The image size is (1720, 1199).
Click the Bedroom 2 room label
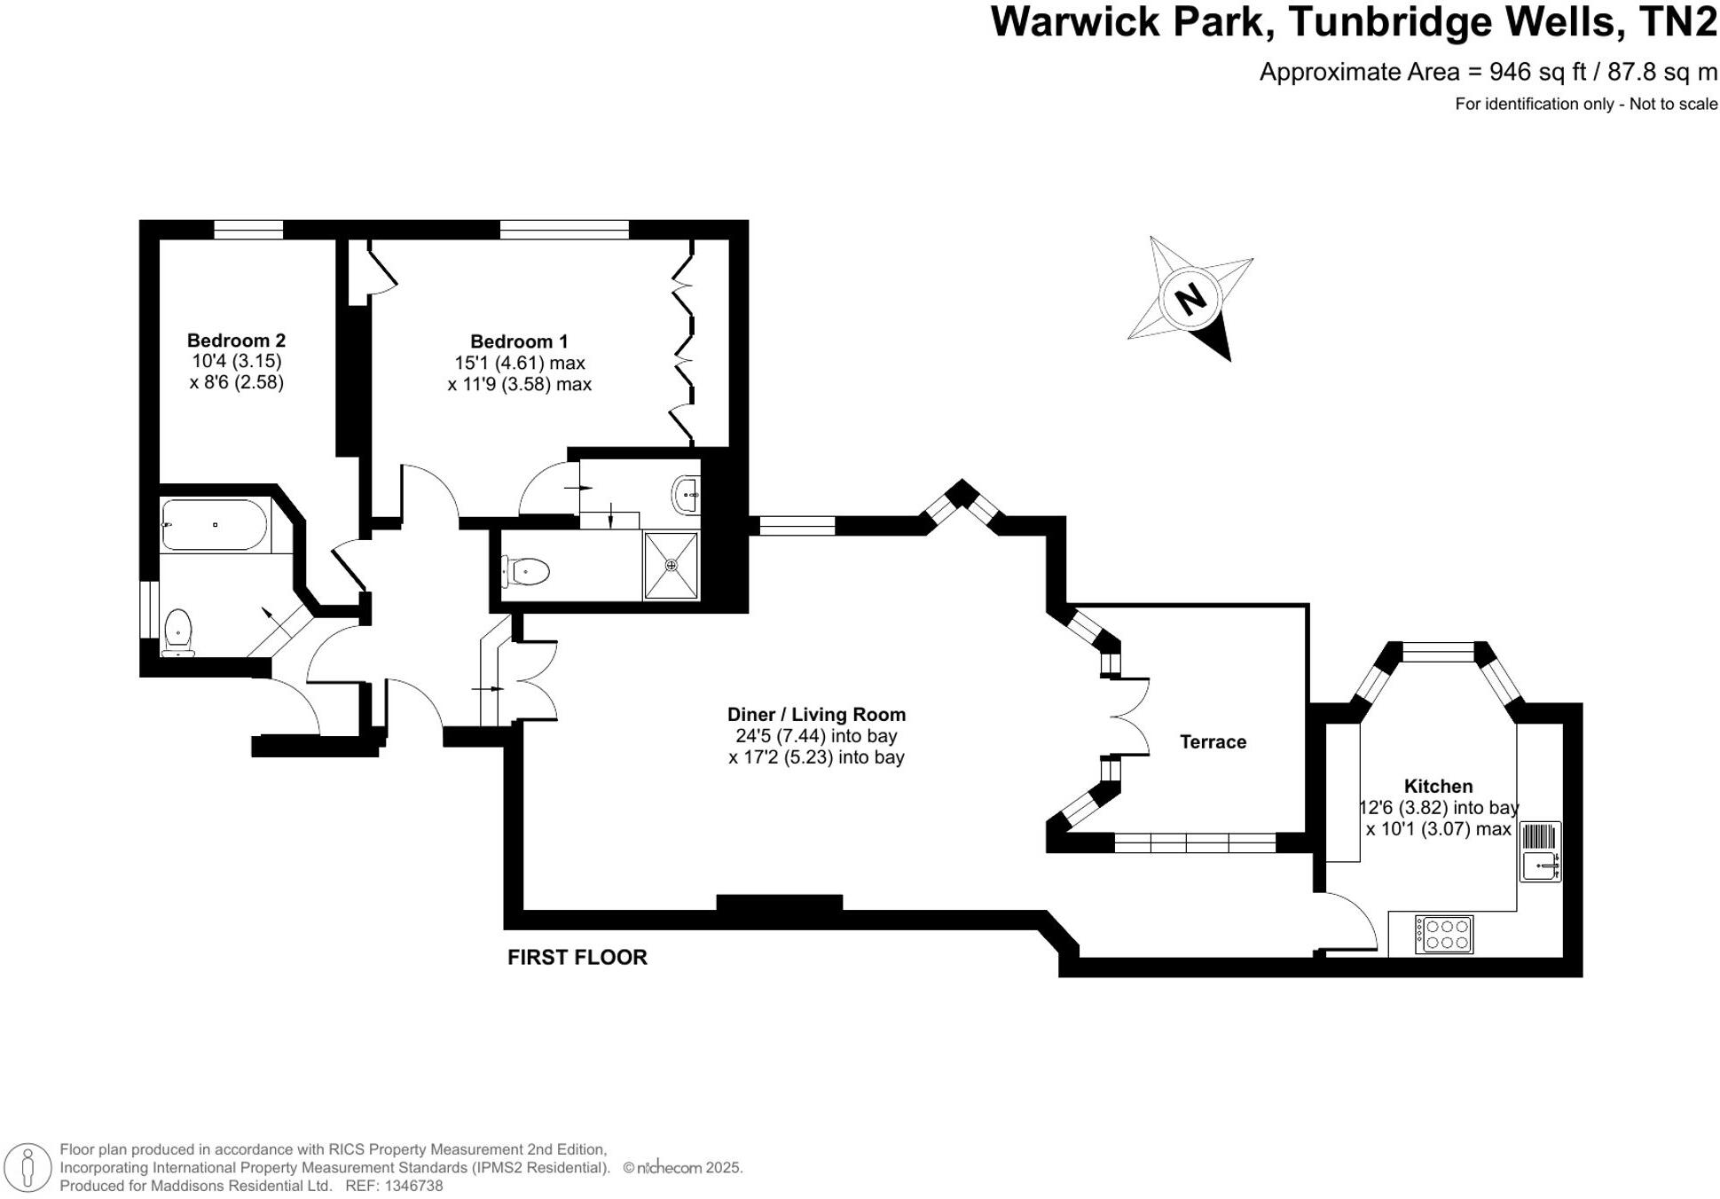(236, 341)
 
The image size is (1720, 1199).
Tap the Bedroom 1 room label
(519, 341)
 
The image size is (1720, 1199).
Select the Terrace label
(1213, 742)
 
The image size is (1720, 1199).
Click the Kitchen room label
(1438, 787)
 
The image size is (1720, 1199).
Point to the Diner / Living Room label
(816, 715)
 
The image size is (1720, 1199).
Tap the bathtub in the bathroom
(214, 525)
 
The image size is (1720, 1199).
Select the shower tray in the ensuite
(671, 565)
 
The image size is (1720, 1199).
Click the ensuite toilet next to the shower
(526, 571)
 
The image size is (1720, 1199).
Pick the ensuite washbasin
(687, 494)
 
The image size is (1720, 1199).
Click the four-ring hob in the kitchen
(1443, 934)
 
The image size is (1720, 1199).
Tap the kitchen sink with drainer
(1540, 852)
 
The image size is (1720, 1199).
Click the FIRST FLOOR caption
(577, 958)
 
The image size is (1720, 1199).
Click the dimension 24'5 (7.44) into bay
(816, 736)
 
